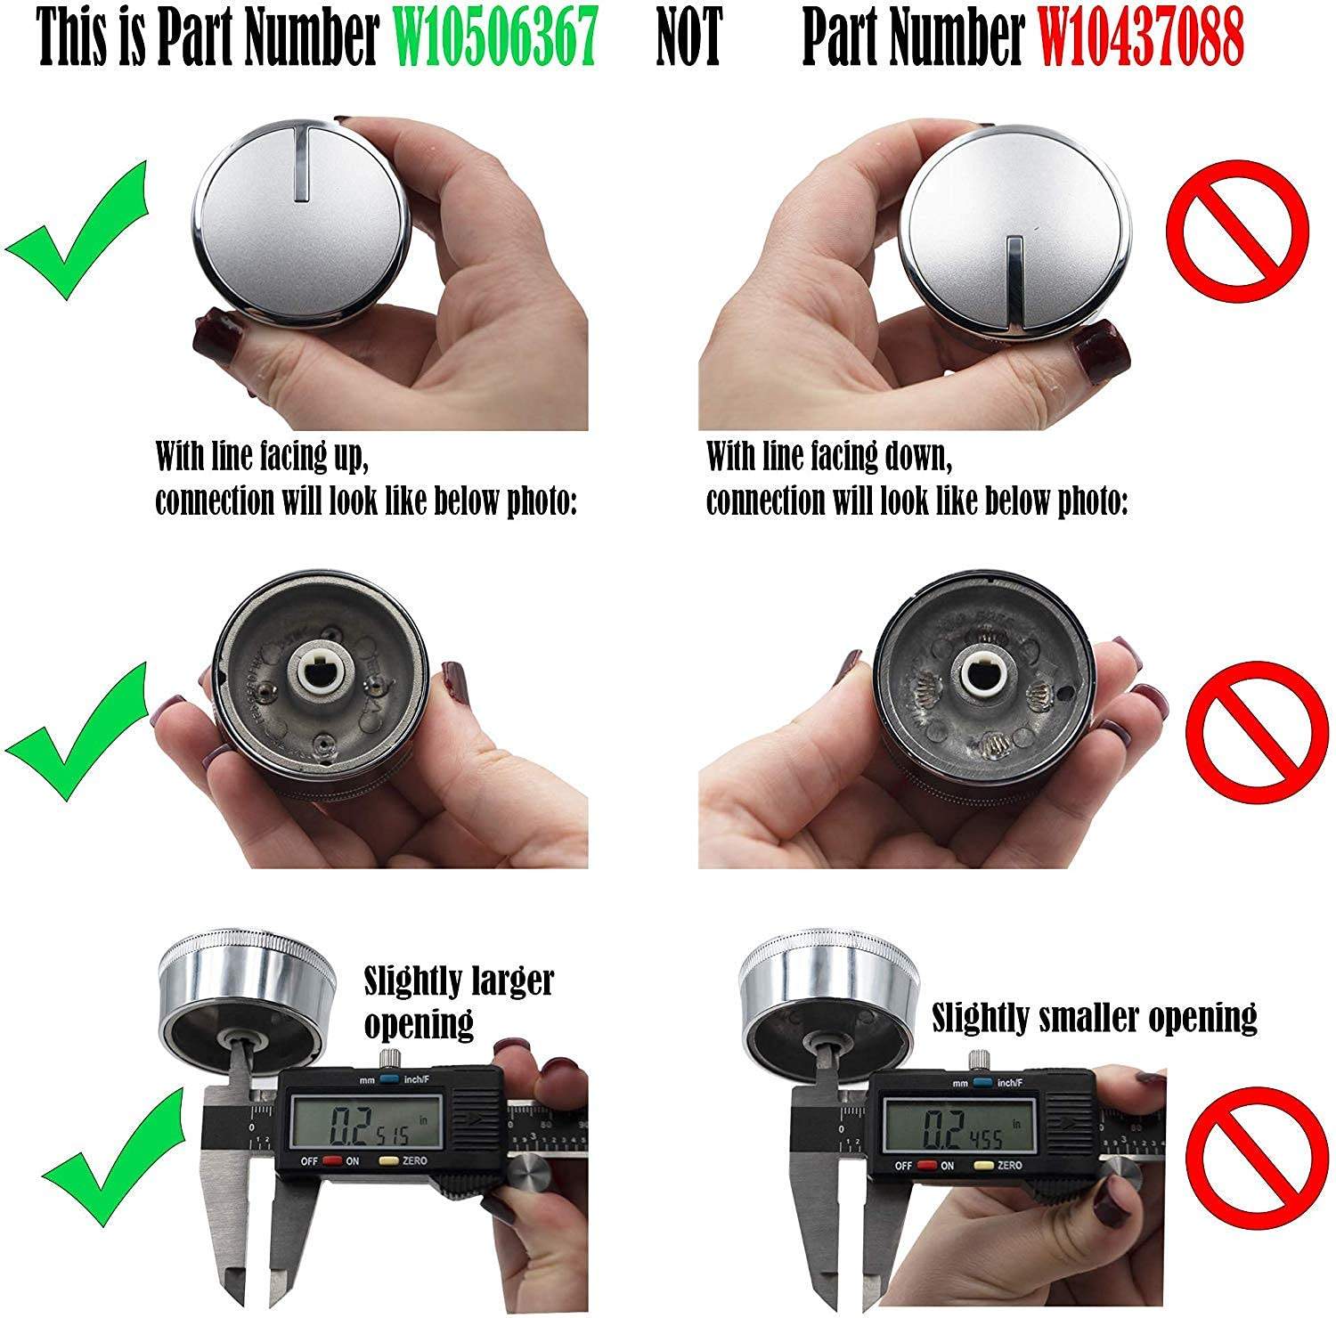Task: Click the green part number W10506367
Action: pos(495,40)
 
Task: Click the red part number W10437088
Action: pos(1141,40)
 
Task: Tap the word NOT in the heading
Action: pos(688,40)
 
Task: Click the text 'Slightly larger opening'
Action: pos(458,1002)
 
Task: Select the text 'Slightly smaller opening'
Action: pos(1094,1016)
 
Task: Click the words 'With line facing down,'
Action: pos(829,457)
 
